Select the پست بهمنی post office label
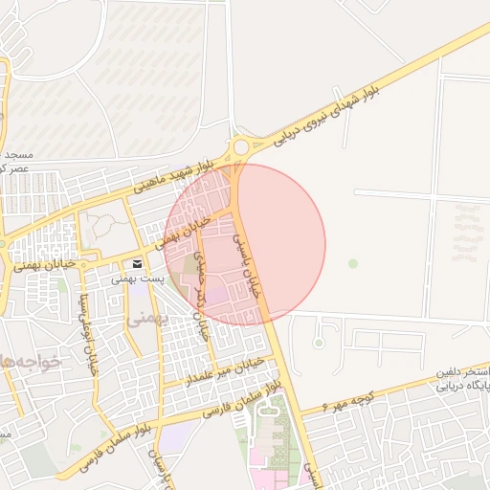coord(138,278)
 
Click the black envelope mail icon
coord(138,263)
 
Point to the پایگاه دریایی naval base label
coord(462,386)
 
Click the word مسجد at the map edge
coord(16,154)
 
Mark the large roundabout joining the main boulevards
coord(238,147)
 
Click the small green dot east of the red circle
coord(353,263)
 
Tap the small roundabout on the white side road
coord(319,342)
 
